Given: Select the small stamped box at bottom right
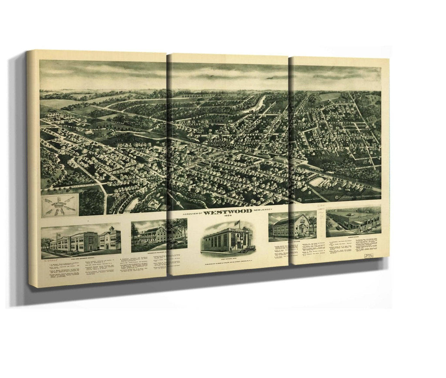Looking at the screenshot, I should (x=365, y=257).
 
